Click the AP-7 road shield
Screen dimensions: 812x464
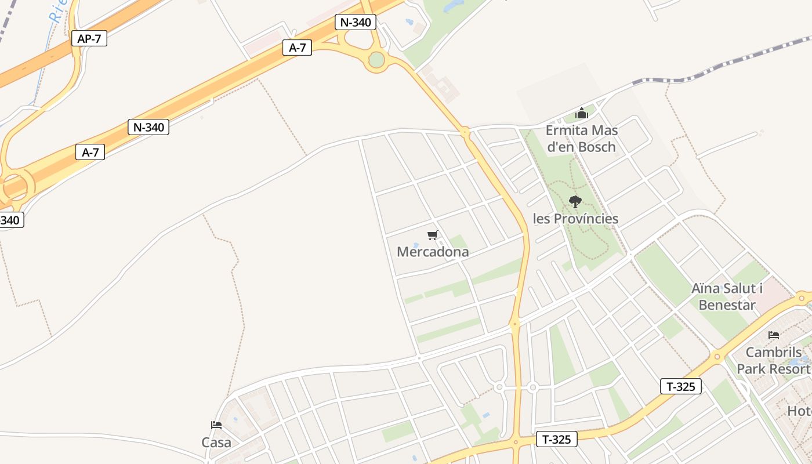[x=89, y=39]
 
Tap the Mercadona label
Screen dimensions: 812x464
[x=433, y=252]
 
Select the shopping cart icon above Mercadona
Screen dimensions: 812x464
[x=432, y=235]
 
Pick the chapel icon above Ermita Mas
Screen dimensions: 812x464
[x=582, y=113]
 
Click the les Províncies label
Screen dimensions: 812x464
[x=575, y=219]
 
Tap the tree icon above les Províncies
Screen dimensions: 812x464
[x=575, y=202]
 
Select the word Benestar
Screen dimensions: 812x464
[x=727, y=304]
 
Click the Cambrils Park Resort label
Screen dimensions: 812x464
[x=774, y=360]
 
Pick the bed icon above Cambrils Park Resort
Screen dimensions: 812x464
[x=773, y=335]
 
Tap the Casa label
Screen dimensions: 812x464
[x=216, y=443]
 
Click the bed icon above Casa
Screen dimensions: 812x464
[x=216, y=425]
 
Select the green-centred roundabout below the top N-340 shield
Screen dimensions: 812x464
[x=376, y=60]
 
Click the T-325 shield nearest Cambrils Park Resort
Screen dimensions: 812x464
[x=681, y=386]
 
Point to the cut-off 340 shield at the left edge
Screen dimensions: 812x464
[x=10, y=220]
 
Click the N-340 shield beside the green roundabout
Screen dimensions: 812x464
[x=356, y=23]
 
